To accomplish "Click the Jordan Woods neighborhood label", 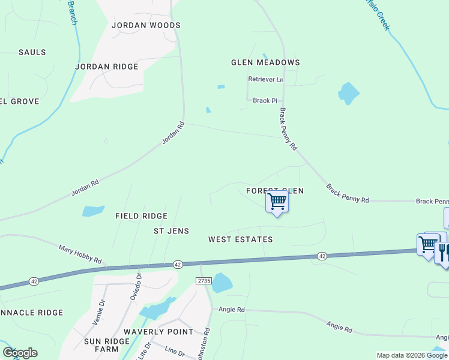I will pos(146,25).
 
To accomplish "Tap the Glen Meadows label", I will pos(265,62).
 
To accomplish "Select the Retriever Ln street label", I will pos(265,79).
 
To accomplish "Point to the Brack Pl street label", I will pos(265,101).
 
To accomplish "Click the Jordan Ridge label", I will pos(107,67).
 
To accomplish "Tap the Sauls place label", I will pos(32,52).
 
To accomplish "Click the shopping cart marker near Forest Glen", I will pos(277,202).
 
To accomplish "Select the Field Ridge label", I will pos(141,216).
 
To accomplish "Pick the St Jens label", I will pos(171,231).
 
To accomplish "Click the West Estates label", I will pos(240,239).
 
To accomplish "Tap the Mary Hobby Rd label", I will pos(80,254).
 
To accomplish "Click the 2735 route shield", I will pos(204,280).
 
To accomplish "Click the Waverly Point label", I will pos(158,332).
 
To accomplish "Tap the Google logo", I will pos(20,353).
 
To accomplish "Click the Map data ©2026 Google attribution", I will pos(411,355).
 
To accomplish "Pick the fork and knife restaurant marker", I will pos(443,252).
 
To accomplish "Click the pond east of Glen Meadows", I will pos(348,93).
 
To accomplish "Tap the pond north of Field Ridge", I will pos(93,211).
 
